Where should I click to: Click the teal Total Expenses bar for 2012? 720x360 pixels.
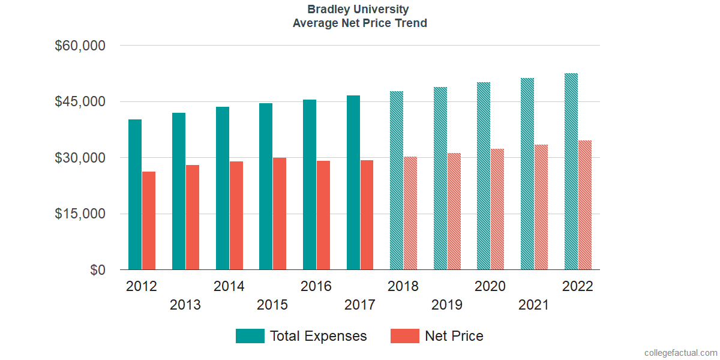[x=135, y=194]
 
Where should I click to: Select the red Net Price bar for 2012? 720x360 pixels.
[x=149, y=221]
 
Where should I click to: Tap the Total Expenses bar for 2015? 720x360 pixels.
[x=266, y=187]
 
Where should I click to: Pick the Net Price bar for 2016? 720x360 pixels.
[x=323, y=215]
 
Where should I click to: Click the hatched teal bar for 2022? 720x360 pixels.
[x=571, y=172]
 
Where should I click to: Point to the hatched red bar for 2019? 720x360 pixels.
[x=454, y=211]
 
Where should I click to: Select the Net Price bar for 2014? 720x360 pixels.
[x=236, y=215]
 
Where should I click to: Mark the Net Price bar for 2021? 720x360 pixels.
[x=541, y=207]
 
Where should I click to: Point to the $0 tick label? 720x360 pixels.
[x=98, y=270]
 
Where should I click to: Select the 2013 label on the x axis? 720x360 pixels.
[x=185, y=305]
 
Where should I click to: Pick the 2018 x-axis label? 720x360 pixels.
[x=403, y=286]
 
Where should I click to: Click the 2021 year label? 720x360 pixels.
[x=533, y=305]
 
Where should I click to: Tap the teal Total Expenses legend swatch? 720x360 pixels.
[x=250, y=336]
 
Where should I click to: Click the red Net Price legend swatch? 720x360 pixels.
[x=405, y=336]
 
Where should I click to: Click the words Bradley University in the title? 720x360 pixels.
[x=358, y=10]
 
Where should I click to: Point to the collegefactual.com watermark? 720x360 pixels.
[x=680, y=353]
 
